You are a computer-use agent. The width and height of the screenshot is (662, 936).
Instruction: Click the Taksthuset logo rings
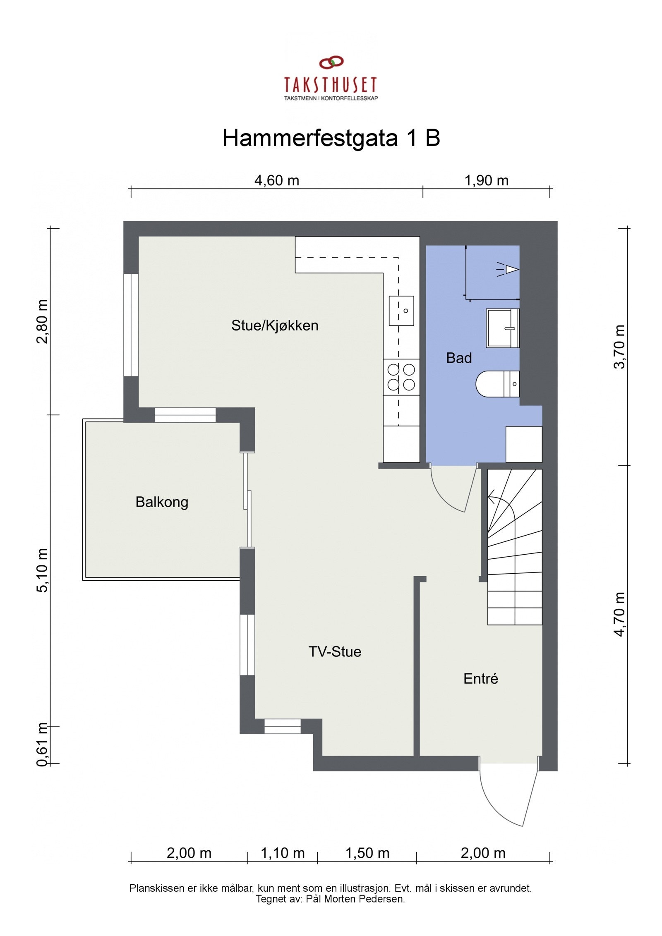[x=331, y=62]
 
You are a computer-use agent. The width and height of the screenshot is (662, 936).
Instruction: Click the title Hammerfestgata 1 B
[x=331, y=138]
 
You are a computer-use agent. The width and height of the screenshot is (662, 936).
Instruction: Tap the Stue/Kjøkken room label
[x=275, y=326]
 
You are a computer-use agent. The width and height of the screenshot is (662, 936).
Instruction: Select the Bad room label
[x=459, y=358]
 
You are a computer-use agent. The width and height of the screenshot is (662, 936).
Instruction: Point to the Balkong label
[x=162, y=502]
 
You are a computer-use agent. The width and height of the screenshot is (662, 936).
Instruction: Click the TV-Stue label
[x=335, y=652]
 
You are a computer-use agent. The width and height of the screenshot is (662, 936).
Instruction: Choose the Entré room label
[x=481, y=679]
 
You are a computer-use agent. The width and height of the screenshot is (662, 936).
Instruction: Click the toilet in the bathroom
[x=496, y=384]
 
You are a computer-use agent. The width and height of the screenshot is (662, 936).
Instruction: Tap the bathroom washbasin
[x=503, y=328]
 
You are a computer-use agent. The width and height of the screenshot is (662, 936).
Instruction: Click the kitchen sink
[x=401, y=311]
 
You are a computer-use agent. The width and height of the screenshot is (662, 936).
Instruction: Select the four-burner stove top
[x=401, y=377]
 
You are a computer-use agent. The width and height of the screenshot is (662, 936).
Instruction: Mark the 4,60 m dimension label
[x=276, y=181]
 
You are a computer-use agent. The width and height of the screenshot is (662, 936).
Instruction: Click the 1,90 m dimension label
[x=487, y=181]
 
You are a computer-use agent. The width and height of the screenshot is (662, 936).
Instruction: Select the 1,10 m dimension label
[x=283, y=853]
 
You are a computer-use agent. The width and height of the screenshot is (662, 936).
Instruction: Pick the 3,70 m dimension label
[x=619, y=347]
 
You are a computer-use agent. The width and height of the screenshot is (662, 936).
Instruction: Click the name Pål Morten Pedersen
[x=355, y=899]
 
